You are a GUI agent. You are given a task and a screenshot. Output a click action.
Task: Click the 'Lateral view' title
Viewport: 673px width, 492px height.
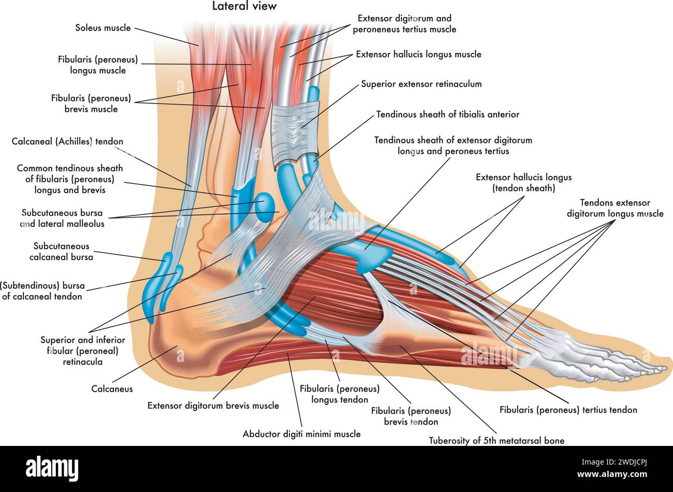(x=244, y=6)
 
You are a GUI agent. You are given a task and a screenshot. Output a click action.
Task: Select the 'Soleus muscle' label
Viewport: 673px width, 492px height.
(x=103, y=28)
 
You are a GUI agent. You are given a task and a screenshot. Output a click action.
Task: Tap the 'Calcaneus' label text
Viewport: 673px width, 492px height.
(x=112, y=389)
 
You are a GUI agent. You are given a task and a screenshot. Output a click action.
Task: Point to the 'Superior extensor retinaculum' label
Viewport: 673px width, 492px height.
(x=421, y=84)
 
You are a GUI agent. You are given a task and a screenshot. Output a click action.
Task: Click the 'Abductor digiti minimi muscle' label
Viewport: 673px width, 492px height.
(x=302, y=434)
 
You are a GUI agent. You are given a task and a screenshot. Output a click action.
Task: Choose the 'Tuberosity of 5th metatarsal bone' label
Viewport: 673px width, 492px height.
(x=496, y=441)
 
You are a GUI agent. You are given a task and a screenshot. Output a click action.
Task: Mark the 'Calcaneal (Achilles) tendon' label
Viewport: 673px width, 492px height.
(x=67, y=141)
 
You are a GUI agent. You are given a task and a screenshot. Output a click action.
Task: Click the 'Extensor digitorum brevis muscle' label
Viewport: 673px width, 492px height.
(x=213, y=406)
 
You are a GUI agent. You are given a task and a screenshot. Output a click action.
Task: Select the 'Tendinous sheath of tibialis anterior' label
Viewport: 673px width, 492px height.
(x=447, y=114)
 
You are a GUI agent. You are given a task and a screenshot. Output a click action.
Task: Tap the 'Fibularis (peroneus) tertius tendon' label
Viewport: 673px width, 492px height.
(x=568, y=410)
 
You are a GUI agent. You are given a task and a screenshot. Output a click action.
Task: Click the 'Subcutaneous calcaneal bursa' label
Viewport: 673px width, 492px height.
(x=61, y=251)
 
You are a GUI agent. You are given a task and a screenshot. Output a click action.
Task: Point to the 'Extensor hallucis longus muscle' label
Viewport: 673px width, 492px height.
(x=418, y=54)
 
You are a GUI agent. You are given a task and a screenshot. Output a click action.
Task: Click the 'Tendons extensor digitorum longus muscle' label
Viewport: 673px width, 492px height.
(x=615, y=208)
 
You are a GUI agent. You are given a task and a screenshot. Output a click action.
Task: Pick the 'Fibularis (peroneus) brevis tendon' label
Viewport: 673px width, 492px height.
(x=411, y=416)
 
